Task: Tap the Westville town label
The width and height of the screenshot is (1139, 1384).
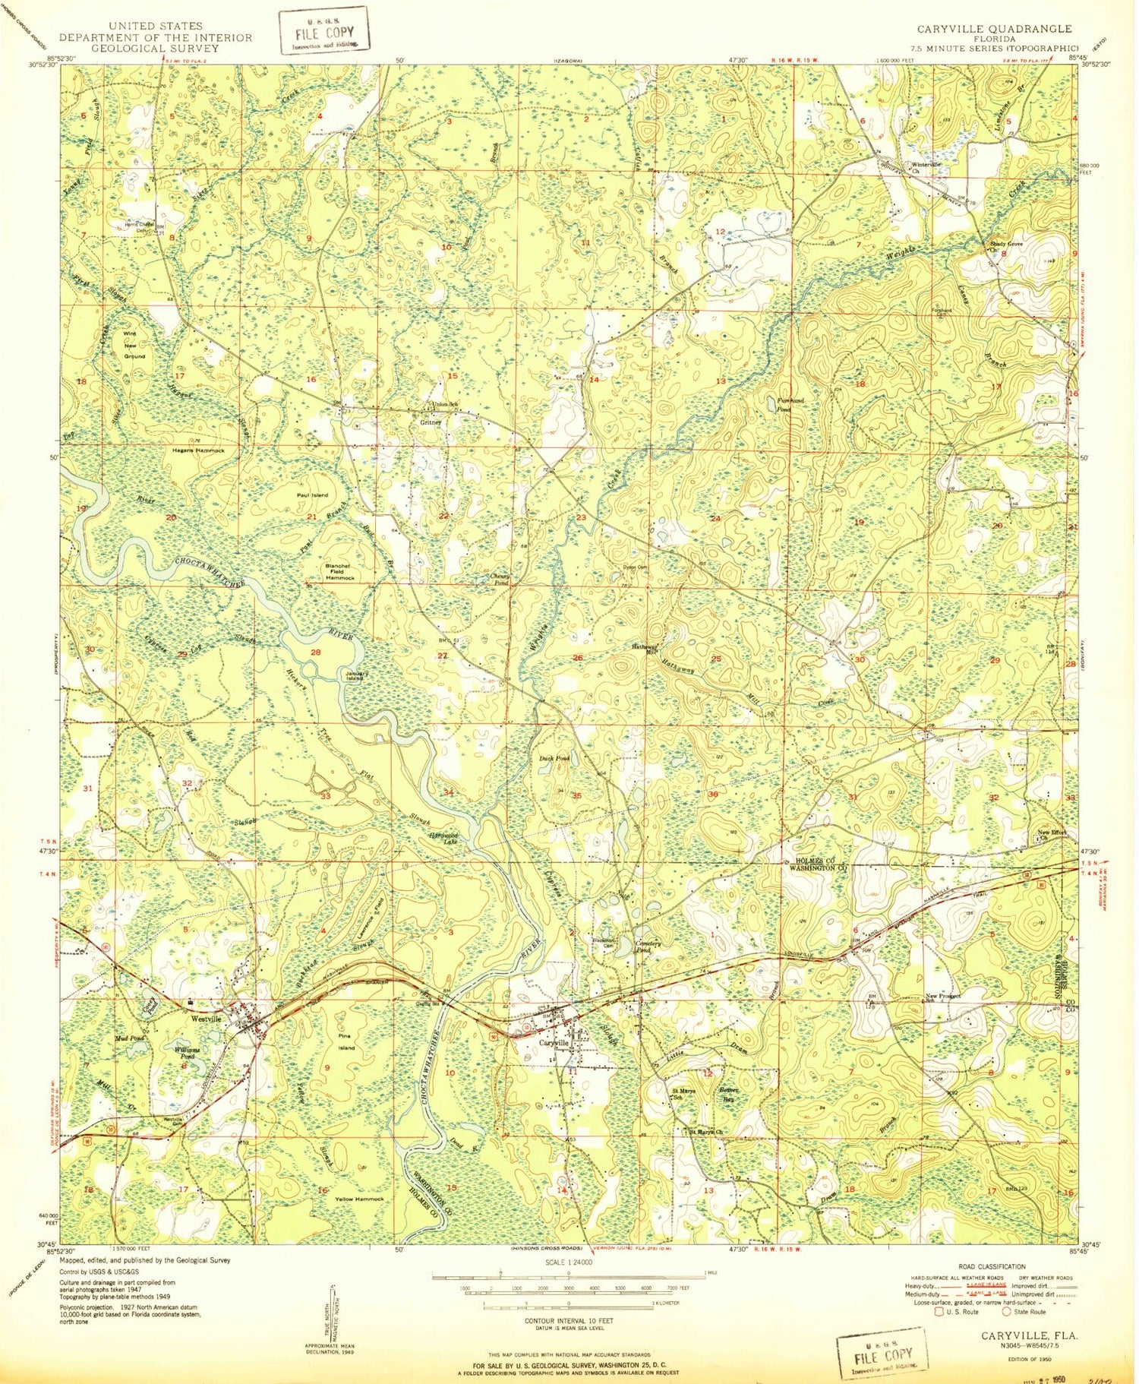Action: [206, 1019]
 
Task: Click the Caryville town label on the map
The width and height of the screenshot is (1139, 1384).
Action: [554, 1044]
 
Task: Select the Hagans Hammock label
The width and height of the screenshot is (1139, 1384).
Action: [200, 450]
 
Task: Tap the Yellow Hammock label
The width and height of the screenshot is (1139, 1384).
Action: [359, 1199]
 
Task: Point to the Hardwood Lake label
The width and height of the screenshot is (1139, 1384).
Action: [443, 840]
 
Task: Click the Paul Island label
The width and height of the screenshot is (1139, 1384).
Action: [312, 495]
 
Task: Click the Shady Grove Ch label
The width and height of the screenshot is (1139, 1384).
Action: [1005, 247]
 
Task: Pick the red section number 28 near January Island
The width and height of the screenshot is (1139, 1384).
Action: [316, 653]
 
